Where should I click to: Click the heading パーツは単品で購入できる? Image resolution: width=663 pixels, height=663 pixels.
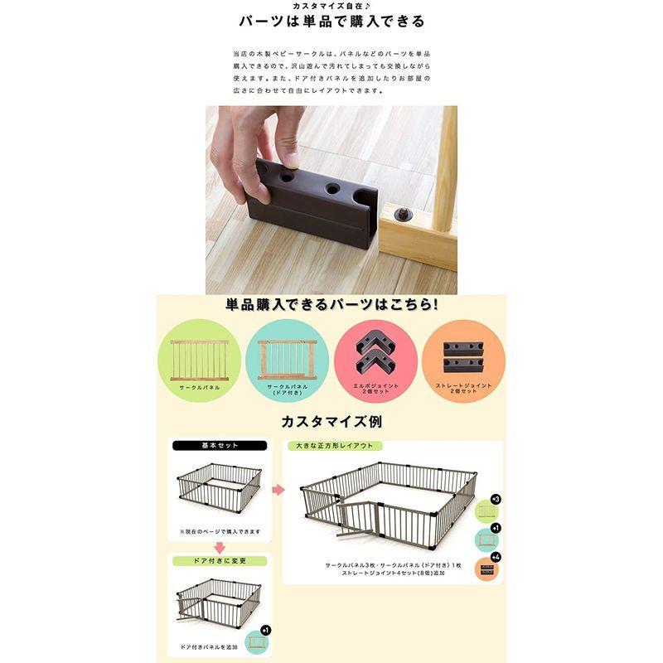click(x=331, y=22)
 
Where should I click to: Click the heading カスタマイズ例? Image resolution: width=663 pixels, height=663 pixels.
click(x=331, y=422)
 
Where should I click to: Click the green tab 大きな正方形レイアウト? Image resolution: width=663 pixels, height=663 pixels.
click(x=331, y=446)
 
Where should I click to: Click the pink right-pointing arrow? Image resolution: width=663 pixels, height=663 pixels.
click(x=278, y=490)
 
